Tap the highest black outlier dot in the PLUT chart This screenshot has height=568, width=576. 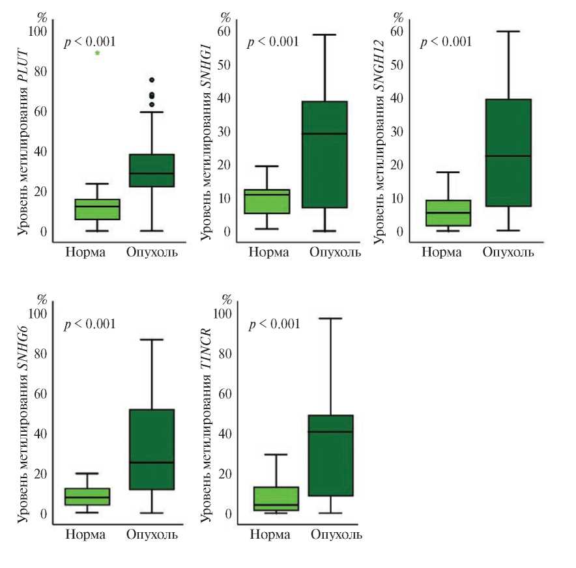click(152, 80)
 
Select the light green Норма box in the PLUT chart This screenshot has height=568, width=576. click(97, 209)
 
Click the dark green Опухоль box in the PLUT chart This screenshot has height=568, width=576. click(152, 171)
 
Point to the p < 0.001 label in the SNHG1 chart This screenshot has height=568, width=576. click(272, 42)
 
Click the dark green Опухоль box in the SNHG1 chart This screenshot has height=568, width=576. click(323, 154)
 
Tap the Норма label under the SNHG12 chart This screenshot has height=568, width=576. click(442, 251)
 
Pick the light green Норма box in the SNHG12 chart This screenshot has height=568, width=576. click(448, 213)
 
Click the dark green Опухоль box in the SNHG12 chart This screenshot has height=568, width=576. click(508, 152)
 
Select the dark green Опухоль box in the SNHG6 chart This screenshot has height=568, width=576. click(151, 449)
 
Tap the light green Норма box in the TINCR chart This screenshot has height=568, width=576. click(280, 498)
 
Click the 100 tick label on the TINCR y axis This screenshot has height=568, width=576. click(223, 314)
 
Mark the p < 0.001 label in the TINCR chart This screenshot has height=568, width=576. click(274, 324)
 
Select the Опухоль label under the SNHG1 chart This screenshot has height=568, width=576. click(335, 252)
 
